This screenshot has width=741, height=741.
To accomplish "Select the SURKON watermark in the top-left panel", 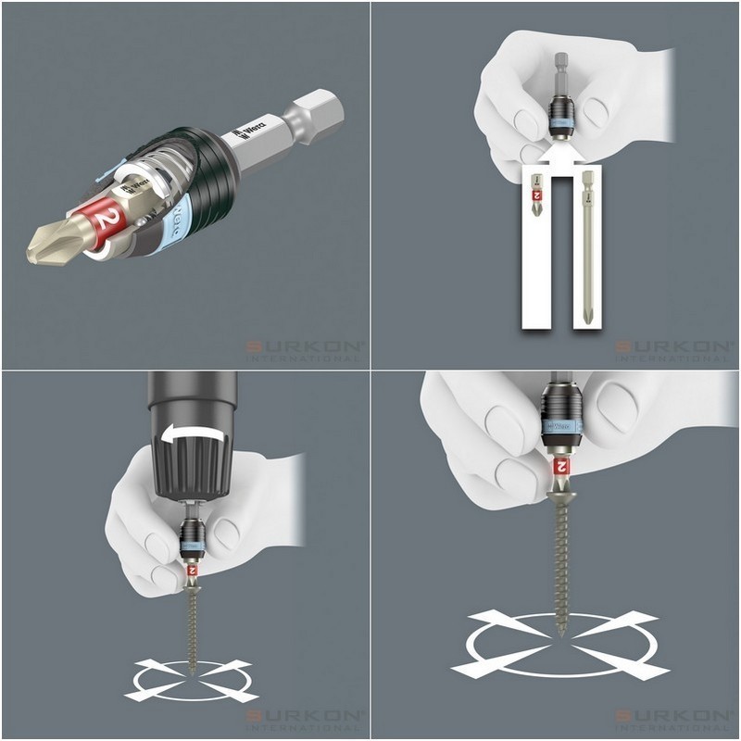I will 305,349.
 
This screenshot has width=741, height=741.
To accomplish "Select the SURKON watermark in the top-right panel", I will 675,349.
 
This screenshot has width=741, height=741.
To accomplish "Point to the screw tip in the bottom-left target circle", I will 193,669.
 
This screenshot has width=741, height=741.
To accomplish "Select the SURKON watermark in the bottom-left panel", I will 305,720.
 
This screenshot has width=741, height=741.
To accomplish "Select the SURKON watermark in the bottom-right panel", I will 675,720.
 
